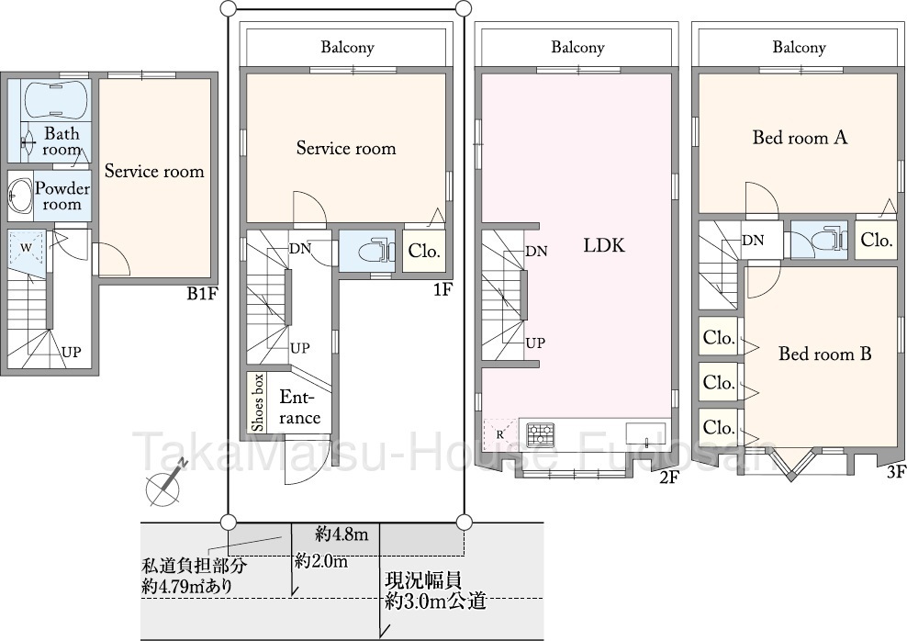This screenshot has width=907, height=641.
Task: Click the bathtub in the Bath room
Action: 56,99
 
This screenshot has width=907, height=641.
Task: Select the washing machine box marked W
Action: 27,249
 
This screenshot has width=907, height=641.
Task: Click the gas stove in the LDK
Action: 541,433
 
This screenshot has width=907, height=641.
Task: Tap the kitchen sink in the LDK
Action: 645,433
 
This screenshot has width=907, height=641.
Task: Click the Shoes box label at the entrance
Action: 258,403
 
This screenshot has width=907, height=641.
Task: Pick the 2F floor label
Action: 668,478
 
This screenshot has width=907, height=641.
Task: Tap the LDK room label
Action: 604,245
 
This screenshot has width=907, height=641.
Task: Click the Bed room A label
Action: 800,138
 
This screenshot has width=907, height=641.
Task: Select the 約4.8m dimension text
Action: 342,533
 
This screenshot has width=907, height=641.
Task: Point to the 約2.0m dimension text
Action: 321,560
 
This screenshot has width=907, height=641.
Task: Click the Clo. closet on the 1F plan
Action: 424,251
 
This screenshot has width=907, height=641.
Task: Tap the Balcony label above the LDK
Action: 577,47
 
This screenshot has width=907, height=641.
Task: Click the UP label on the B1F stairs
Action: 72,352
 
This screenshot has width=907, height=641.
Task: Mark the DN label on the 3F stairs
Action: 753,240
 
